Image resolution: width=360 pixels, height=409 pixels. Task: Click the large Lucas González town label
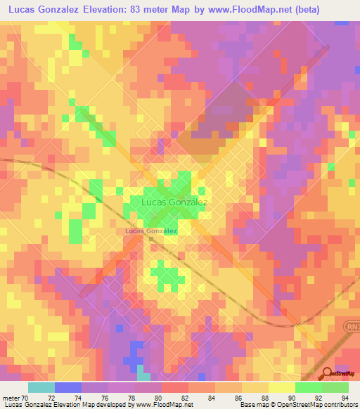pyautogui.click(x=174, y=202)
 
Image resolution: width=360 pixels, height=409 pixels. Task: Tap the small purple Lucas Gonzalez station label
pyautogui.click(x=150, y=231)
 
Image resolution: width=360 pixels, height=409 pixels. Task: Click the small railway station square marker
pyautogui.click(x=150, y=239)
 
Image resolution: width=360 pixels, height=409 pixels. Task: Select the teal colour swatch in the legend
pyautogui.click(x=41, y=387)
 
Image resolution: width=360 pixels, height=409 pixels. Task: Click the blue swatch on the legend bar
pyautogui.click(x=68, y=387)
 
